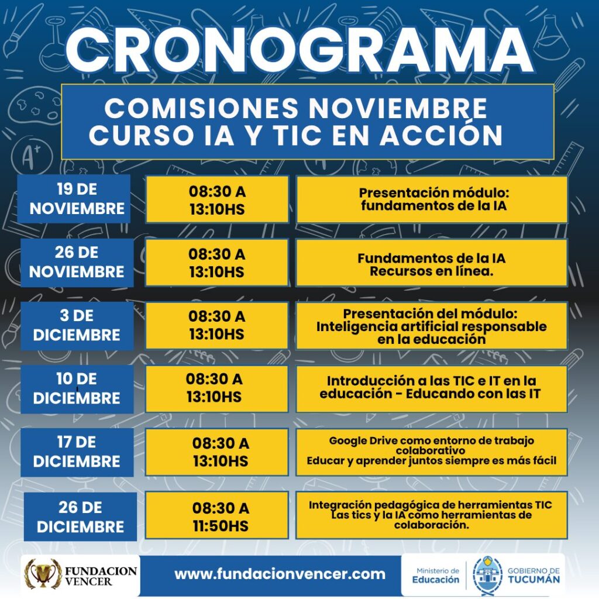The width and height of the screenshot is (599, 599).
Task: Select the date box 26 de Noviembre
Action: click(77, 262)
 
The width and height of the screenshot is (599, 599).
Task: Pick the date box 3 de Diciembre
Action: click(77, 325)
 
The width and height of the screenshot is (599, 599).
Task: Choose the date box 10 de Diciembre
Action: click(77, 388)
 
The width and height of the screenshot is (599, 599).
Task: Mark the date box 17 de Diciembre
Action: click(77, 452)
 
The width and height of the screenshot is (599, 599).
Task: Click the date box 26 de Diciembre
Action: click(80, 517)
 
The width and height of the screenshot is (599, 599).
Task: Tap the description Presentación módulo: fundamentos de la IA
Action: click(432, 199)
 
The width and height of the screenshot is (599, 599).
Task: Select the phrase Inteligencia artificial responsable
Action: click(432, 326)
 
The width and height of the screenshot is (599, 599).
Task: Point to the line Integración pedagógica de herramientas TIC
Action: click(431, 504)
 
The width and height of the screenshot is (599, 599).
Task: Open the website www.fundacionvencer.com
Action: click(280, 574)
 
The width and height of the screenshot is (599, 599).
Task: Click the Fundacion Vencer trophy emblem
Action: click(42, 574)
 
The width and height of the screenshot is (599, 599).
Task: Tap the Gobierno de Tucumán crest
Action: click(487, 574)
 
